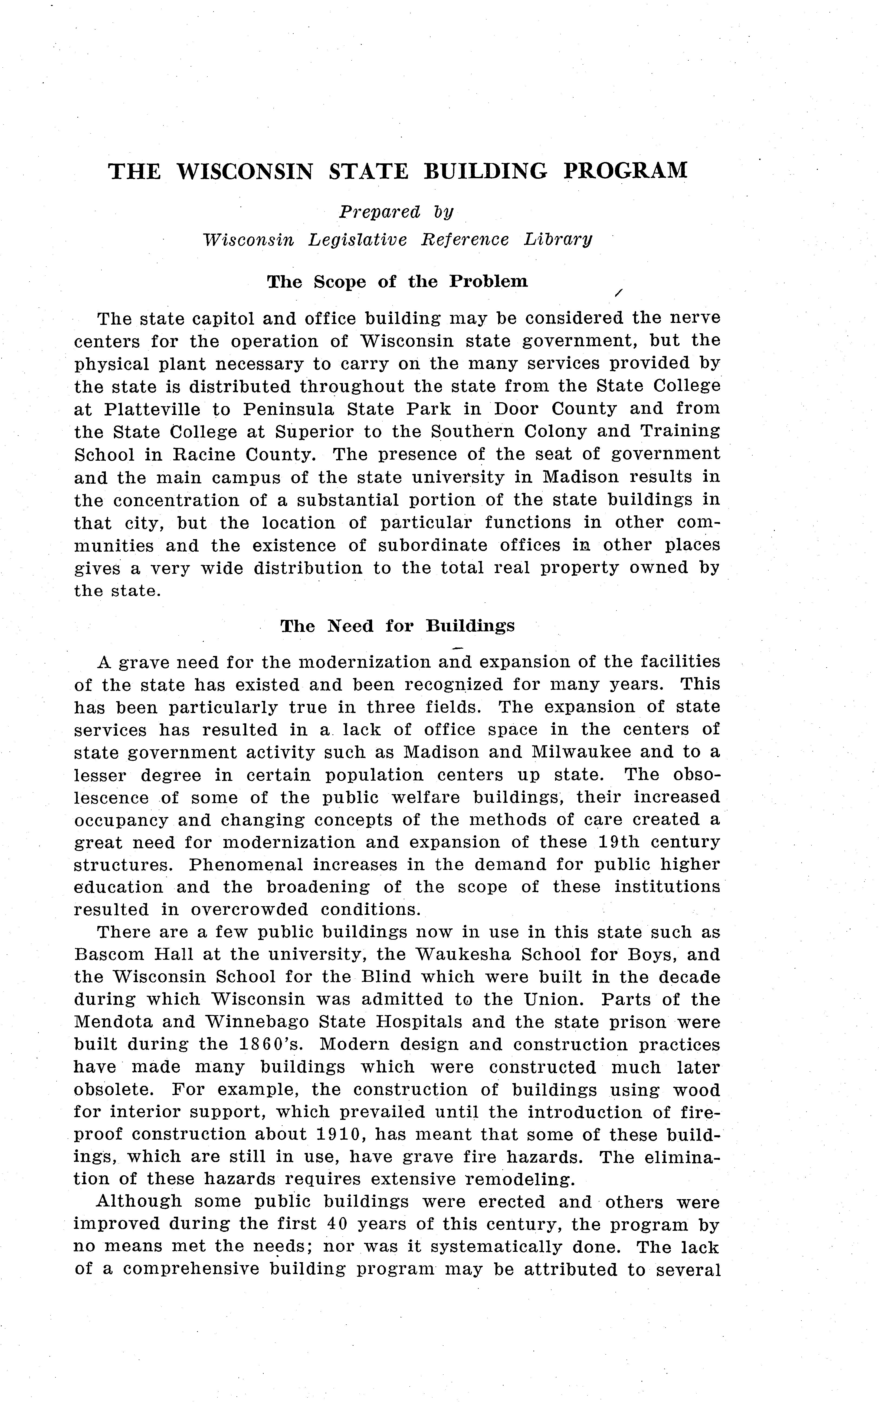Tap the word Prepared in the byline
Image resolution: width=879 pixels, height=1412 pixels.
pyautogui.click(x=380, y=212)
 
